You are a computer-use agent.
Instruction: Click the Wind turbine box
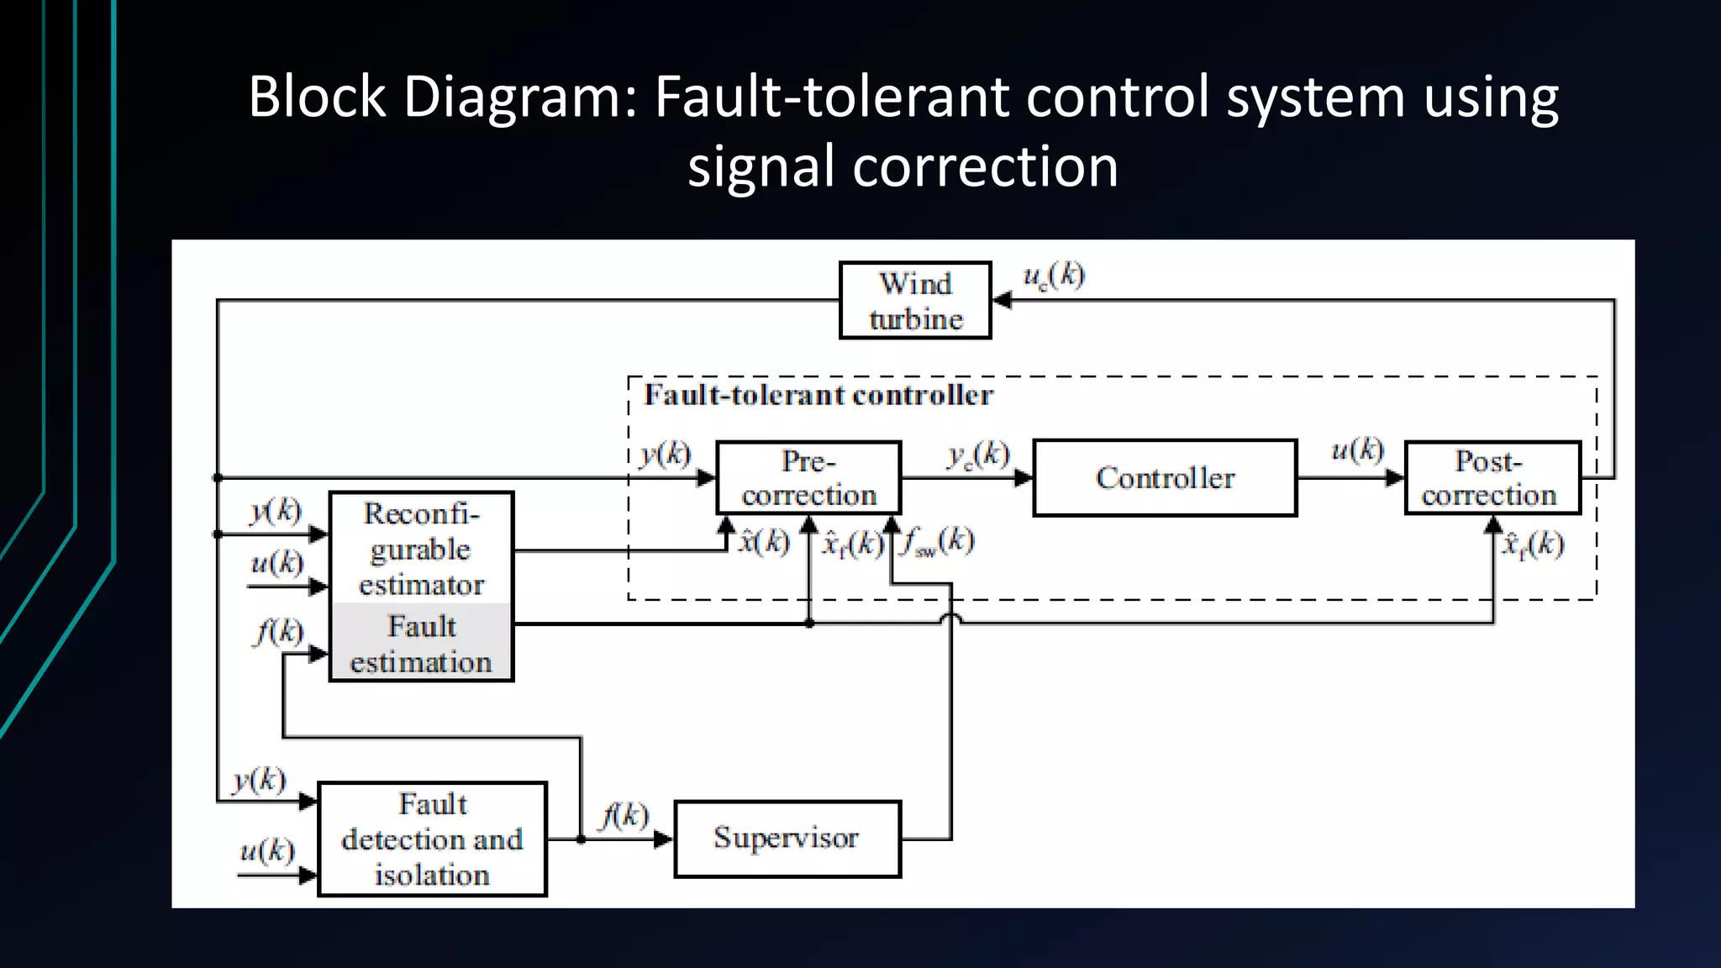(915, 301)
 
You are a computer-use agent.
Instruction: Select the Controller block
(1165, 477)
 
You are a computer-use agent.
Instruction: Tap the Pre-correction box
(808, 477)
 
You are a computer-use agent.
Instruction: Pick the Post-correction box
(1492, 477)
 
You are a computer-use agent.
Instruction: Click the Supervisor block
(787, 839)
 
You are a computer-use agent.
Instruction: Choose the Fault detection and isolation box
(432, 839)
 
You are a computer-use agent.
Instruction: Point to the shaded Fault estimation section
(421, 643)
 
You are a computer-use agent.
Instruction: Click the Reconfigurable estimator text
(421, 548)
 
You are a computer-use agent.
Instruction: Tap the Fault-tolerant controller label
(818, 395)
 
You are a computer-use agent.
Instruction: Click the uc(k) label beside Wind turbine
(1053, 276)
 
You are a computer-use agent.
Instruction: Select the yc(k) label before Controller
(978, 455)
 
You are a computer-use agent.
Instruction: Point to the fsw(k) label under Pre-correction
(939, 542)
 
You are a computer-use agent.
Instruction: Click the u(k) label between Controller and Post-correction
(1357, 450)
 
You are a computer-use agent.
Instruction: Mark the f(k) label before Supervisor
(624, 815)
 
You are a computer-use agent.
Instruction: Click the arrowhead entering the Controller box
(1024, 478)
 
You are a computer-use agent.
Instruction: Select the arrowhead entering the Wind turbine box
(1003, 300)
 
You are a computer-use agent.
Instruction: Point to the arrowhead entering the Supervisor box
(663, 839)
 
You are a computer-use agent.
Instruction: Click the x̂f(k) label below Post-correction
(1533, 545)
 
